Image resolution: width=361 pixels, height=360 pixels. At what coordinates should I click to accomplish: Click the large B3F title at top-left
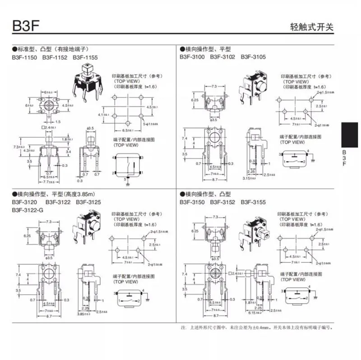click(26, 25)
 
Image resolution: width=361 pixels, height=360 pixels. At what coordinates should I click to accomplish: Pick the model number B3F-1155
click(85, 58)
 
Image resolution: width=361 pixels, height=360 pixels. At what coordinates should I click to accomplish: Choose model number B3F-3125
click(88, 202)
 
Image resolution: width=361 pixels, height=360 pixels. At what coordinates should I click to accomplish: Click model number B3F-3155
click(253, 202)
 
